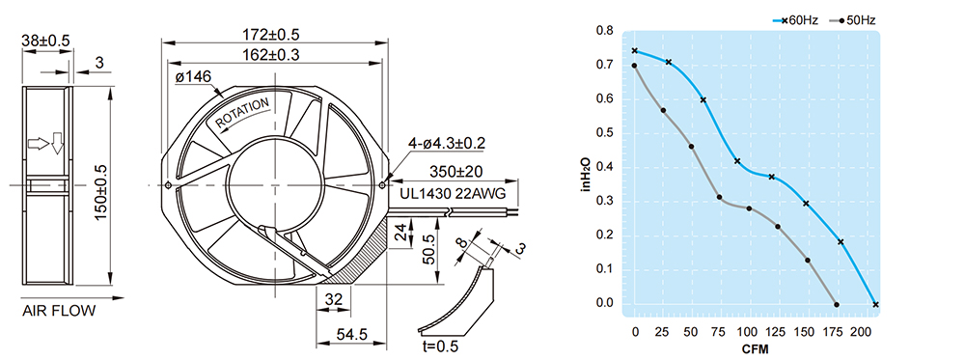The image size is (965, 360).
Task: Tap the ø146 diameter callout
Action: pyautogui.click(x=193, y=77)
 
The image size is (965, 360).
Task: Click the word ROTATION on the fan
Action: pyautogui.click(x=242, y=113)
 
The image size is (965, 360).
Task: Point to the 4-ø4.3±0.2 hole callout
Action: pyautogui.click(x=447, y=144)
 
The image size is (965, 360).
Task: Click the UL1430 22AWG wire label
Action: pyautogui.click(x=453, y=194)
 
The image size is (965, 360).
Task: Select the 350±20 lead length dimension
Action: pyautogui.click(x=456, y=171)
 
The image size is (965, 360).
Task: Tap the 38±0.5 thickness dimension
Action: pyautogui.click(x=46, y=41)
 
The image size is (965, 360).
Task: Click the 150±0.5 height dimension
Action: pyautogui.click(x=100, y=184)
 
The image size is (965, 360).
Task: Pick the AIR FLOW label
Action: pyautogui.click(x=59, y=311)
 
